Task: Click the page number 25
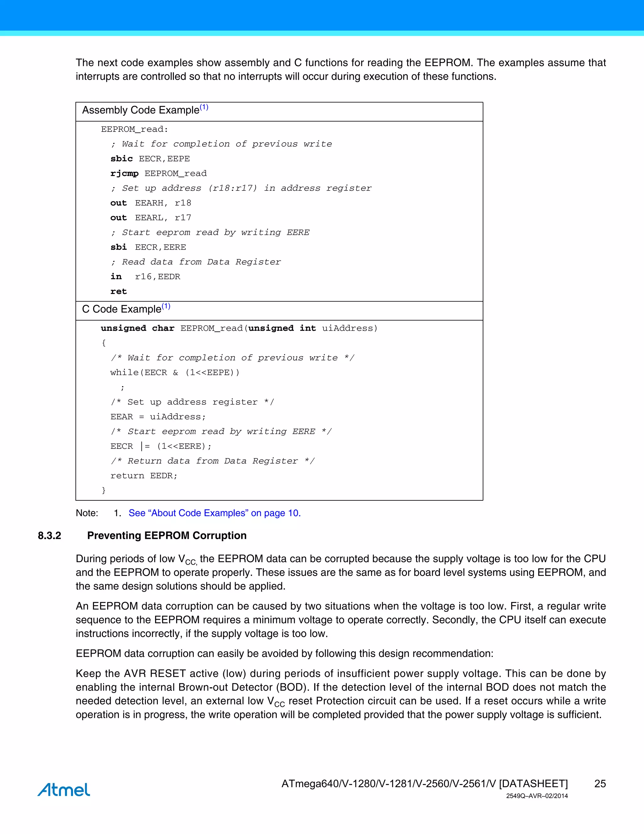coord(600,784)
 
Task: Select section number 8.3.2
coord(49,535)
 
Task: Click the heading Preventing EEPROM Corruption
coord(167,535)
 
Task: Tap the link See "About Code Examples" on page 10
coord(214,513)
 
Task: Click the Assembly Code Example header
coord(145,110)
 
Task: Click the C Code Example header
coord(126,309)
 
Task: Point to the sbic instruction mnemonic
coord(122,159)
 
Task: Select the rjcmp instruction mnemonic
coord(125,174)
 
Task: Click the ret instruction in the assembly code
coord(118,291)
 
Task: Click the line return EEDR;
coord(144,476)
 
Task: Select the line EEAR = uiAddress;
coord(158,417)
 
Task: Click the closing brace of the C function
coord(103,490)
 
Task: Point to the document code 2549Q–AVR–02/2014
coord(537,796)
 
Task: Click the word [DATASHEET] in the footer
coord(533,784)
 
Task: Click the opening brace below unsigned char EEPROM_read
coord(103,343)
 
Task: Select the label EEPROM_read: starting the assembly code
coord(134,129)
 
